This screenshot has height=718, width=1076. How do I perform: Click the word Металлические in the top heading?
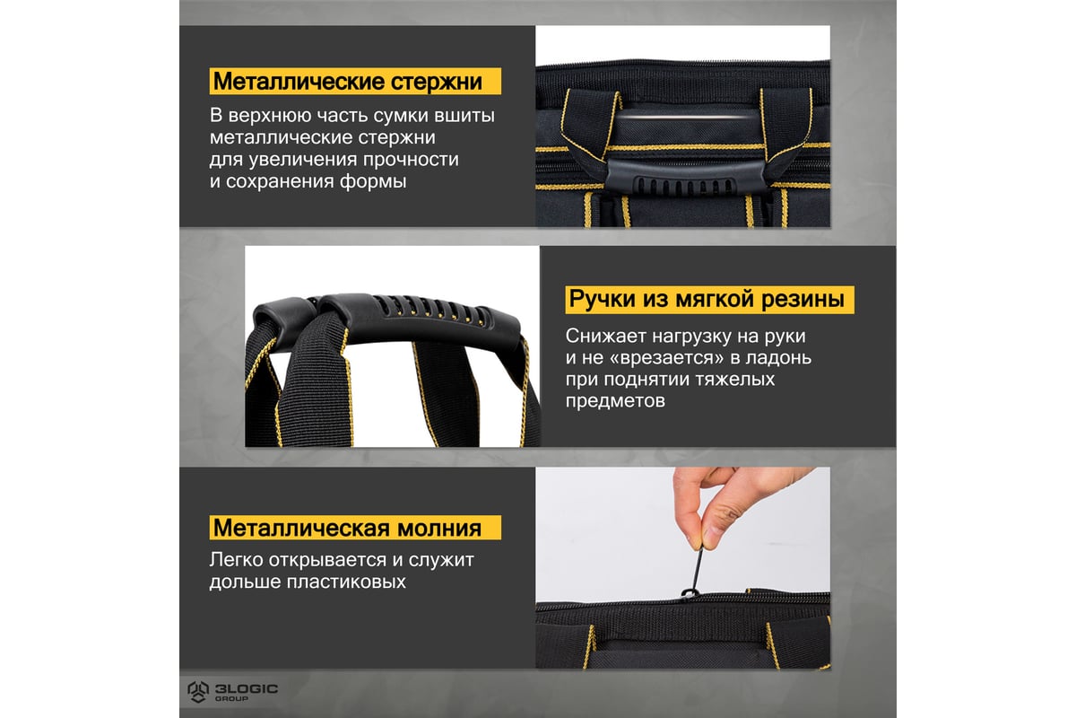point(299,81)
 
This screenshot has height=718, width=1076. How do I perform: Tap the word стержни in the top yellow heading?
point(436,82)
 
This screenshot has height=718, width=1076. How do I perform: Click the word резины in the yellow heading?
point(803,299)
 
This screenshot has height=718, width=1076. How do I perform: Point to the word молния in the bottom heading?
point(439,528)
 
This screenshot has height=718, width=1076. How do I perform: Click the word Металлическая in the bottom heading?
point(301,528)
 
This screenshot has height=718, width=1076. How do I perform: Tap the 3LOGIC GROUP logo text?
point(246,692)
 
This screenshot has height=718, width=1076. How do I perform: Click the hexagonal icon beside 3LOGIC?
point(198,692)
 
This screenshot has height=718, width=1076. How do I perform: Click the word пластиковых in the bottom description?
point(346,582)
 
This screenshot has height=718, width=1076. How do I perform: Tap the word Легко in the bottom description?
point(237,560)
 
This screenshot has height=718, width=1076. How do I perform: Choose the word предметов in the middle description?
point(615,400)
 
